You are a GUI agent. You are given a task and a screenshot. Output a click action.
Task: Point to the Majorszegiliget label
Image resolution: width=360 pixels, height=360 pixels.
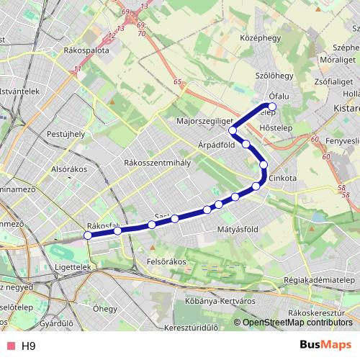pyautogui.click(x=204, y=122)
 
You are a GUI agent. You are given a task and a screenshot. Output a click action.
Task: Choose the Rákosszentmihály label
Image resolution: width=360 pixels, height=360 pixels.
pyautogui.click(x=157, y=163)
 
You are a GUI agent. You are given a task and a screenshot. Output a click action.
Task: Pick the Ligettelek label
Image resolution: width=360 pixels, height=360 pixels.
pyautogui.click(x=71, y=267)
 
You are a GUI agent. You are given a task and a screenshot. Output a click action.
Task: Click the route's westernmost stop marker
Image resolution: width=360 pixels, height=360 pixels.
pyautogui.click(x=88, y=235)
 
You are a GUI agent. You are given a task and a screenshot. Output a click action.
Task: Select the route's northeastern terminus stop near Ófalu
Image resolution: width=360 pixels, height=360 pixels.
pyautogui.click(x=272, y=107)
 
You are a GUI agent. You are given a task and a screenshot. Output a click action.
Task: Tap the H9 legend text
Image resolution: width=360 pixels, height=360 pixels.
pyautogui.click(x=28, y=346)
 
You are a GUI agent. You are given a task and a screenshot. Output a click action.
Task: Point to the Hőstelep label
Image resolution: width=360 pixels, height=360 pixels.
pyautogui.click(x=273, y=130)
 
